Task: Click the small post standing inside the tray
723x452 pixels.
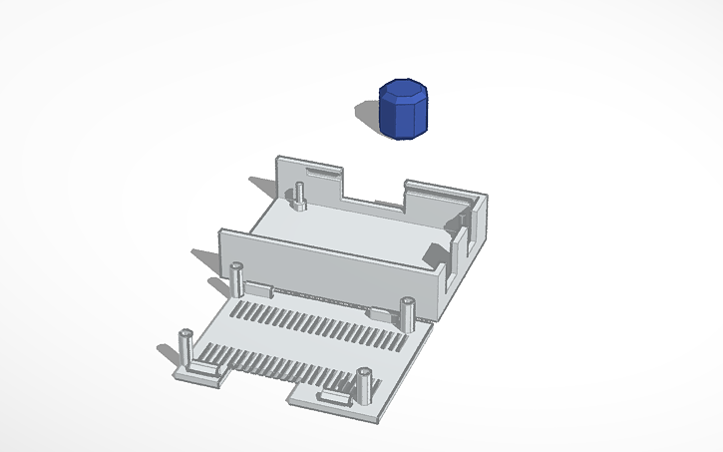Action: tap(299, 196)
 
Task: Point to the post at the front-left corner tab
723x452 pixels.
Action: tap(185, 348)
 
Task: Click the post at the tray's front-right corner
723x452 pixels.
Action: tap(408, 313)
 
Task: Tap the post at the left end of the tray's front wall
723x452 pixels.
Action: tap(237, 278)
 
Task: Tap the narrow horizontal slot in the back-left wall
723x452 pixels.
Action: tap(321, 173)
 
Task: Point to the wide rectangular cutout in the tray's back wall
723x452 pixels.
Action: tap(373, 186)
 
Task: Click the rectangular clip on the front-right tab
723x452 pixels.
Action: tap(335, 399)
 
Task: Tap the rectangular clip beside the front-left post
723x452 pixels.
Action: tap(206, 366)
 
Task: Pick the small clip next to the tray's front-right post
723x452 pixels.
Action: tap(382, 315)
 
